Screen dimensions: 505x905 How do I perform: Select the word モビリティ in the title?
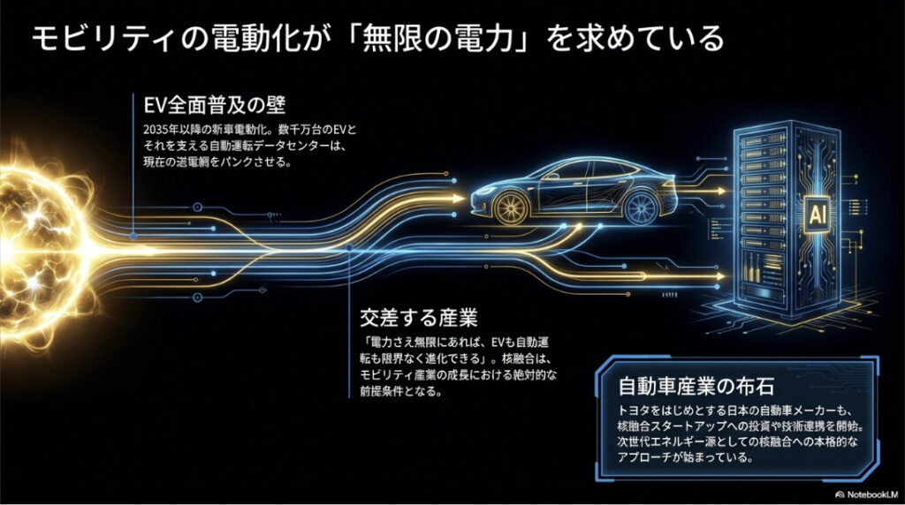(x=87, y=39)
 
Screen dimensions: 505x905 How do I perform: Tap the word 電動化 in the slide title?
(x=226, y=39)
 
